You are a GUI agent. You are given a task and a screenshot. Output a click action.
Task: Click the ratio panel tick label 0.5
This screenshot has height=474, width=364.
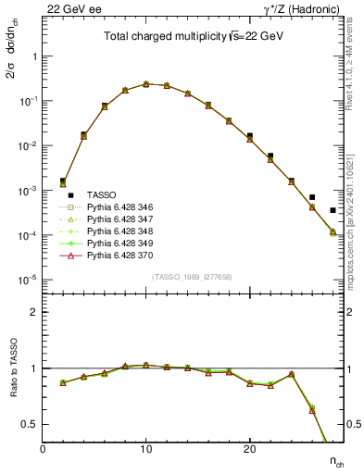click(31, 424)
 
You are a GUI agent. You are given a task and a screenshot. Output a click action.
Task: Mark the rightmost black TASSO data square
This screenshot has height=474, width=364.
click(333, 210)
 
